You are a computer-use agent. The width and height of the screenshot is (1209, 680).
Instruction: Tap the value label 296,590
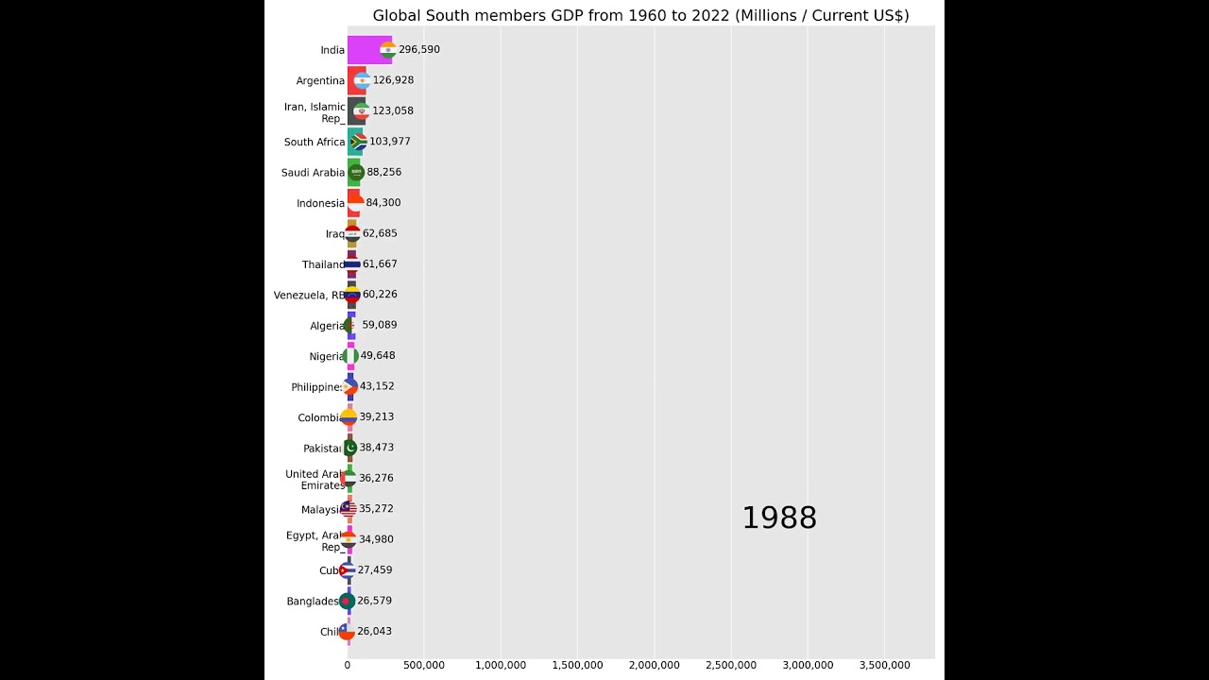418,50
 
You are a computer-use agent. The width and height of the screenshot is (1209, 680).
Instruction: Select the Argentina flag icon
362,80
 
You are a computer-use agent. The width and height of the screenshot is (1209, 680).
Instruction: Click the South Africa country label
315,142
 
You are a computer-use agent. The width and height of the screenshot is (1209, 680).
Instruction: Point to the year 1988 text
778,518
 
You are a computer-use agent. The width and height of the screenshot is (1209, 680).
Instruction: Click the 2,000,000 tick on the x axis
654,666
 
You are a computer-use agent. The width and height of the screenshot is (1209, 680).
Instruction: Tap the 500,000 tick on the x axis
424,666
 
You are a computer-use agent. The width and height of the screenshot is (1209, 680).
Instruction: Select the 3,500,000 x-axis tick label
884,666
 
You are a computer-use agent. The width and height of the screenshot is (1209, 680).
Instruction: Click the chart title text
640,15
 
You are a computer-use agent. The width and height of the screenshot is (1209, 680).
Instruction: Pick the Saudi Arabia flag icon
356,172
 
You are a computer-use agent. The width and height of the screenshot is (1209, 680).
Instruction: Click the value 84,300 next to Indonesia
383,203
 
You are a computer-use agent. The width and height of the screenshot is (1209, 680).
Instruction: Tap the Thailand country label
323,264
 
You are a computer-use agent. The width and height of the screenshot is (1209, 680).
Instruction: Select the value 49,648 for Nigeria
378,356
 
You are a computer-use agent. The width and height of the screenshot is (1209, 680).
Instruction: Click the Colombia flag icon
349,417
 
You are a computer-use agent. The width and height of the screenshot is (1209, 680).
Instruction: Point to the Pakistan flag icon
350,448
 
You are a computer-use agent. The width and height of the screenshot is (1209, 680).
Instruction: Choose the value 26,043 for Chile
374,632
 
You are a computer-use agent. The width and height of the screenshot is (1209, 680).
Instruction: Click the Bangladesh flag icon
347,601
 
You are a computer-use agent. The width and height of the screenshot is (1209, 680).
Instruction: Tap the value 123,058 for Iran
392,111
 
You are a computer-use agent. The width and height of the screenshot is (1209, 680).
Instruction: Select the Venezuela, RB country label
309,295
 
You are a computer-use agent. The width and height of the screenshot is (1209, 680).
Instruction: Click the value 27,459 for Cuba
374,570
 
